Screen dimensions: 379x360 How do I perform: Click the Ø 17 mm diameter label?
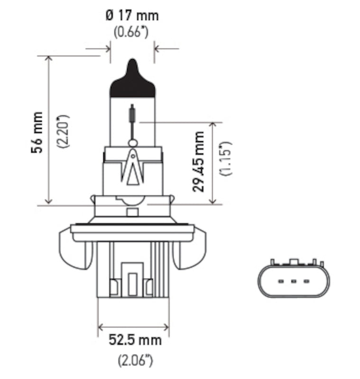(x=132, y=15)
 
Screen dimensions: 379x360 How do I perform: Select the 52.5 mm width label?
(x=135, y=340)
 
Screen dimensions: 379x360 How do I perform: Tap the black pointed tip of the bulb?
(x=133, y=78)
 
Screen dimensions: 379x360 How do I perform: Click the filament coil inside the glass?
(x=133, y=114)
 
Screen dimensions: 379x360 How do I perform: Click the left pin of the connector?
(x=280, y=282)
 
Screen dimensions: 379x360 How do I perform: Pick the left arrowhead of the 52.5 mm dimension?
(x=101, y=326)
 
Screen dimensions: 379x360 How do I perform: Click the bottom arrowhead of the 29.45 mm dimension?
(x=214, y=201)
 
